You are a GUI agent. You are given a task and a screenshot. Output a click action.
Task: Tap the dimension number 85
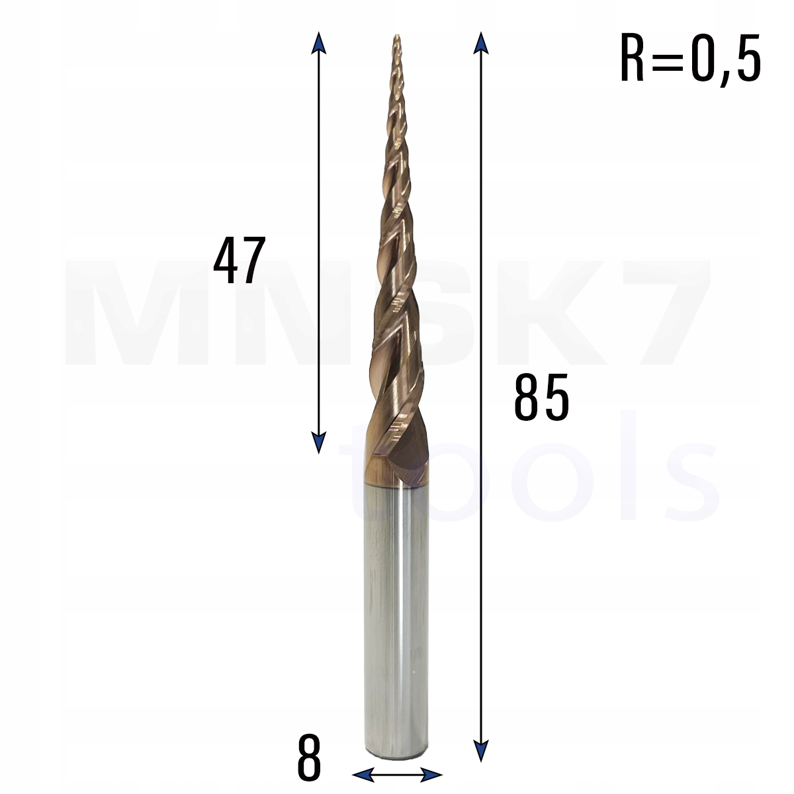[541, 398]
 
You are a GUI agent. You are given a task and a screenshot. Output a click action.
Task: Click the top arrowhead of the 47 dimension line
[319, 41]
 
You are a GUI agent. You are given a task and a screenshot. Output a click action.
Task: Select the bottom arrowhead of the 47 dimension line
[319, 444]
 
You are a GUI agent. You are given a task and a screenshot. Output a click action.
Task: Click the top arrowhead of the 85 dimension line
[481, 41]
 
